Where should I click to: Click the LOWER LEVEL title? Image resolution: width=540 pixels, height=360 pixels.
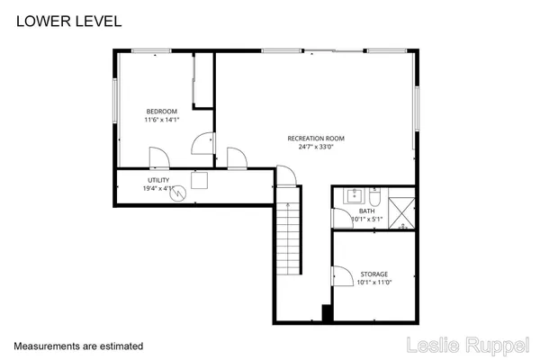(x=68, y=21)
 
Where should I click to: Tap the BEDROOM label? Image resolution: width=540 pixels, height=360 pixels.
(x=162, y=111)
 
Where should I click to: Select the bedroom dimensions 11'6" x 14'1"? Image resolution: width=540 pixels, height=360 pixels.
(x=162, y=120)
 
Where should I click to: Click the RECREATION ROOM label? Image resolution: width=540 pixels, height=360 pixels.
(x=316, y=138)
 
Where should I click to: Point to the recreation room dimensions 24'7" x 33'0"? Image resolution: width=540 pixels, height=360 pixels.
(x=316, y=147)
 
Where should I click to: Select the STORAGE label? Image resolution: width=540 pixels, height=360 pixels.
(x=374, y=274)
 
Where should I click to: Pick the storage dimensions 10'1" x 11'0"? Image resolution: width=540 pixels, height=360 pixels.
(x=374, y=283)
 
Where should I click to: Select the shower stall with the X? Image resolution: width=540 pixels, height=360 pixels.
(x=402, y=206)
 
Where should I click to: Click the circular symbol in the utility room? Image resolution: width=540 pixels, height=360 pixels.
(x=179, y=192)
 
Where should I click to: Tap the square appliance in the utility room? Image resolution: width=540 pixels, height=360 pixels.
(x=200, y=180)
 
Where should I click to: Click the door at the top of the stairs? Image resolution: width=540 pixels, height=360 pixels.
(x=285, y=175)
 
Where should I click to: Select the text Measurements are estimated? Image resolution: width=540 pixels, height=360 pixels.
(x=78, y=346)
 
